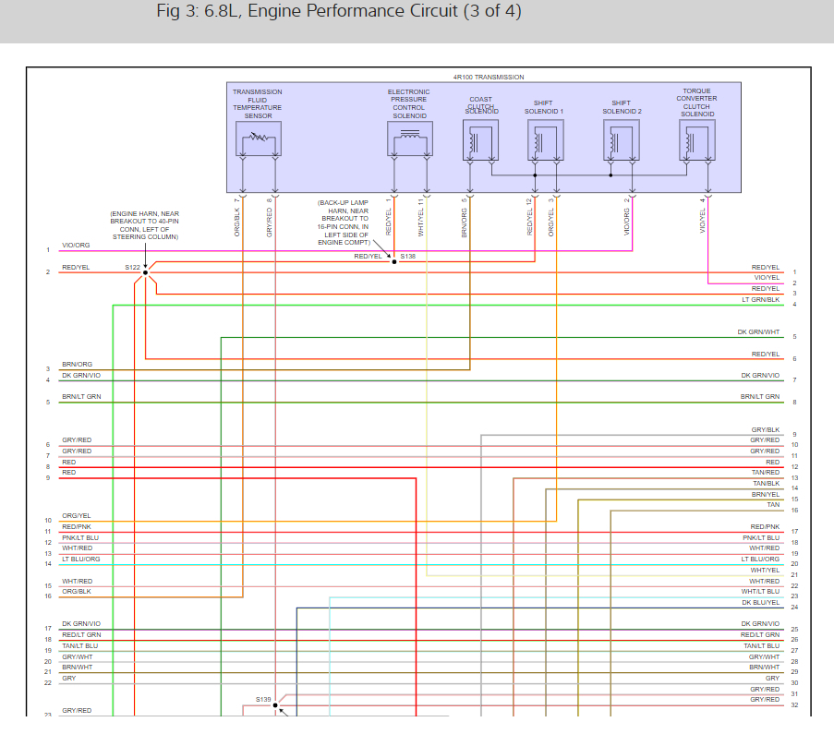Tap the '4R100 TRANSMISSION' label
489,77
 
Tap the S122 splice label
133,268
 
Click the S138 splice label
408,257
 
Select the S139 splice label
263,700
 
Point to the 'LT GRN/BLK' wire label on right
760,300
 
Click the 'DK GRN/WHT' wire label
758,332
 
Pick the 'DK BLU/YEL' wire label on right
760,602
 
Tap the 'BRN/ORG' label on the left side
77,365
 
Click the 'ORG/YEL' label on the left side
76,515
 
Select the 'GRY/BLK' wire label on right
765,430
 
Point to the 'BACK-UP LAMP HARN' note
343,222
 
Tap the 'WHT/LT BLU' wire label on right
760,591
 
